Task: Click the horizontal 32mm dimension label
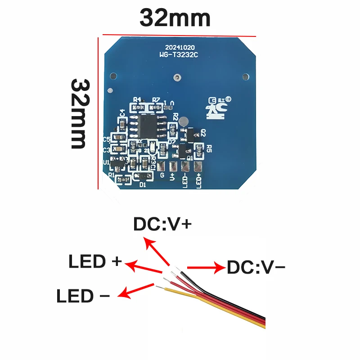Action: (x=175, y=18)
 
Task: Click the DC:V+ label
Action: (x=163, y=224)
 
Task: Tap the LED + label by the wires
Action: (x=95, y=262)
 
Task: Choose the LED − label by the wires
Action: (x=83, y=296)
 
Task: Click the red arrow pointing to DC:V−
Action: (x=205, y=268)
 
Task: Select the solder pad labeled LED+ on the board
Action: (x=198, y=166)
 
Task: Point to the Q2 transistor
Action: (x=191, y=134)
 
